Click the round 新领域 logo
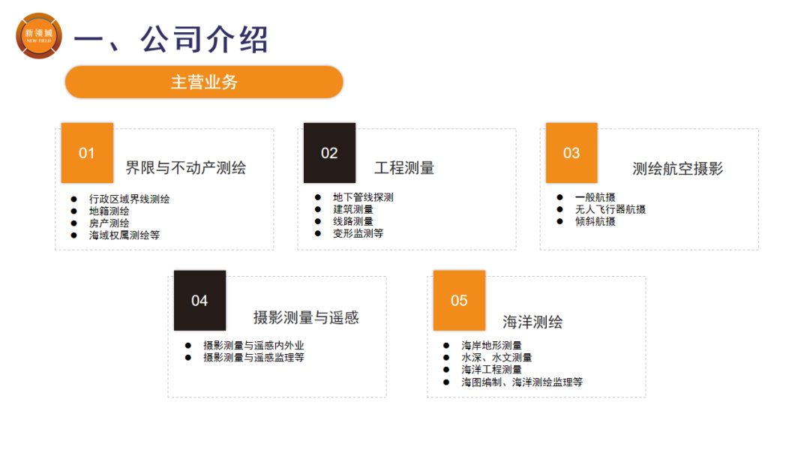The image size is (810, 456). click(39, 36)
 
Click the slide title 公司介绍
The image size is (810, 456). click(205, 39)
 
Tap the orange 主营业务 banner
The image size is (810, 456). click(204, 82)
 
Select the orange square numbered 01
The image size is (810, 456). click(87, 153)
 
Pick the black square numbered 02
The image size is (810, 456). click(329, 153)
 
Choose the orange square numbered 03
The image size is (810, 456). click(571, 153)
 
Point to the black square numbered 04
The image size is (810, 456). click(199, 301)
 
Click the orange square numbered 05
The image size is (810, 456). click(459, 301)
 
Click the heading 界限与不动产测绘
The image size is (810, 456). click(186, 168)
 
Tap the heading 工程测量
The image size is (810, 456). click(404, 168)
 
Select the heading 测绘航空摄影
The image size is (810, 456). click(678, 168)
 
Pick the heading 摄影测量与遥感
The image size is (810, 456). click(306, 317)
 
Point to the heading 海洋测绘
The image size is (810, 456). click(532, 322)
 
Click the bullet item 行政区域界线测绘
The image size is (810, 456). click(129, 199)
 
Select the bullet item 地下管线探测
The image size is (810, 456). click(363, 197)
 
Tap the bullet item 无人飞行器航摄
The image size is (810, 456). click(610, 209)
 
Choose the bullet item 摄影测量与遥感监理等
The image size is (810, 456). click(253, 357)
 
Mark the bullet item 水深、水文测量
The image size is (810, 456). click(496, 357)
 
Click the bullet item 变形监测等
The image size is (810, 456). click(358, 233)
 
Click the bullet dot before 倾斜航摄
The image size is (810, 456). click(560, 221)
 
